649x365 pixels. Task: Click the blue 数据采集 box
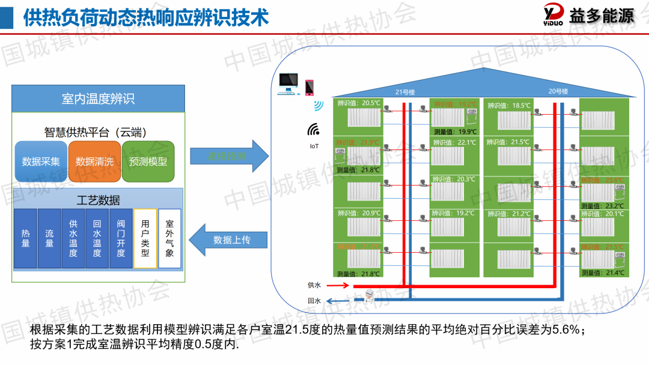(x=41, y=161)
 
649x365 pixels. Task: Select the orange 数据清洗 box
(x=94, y=161)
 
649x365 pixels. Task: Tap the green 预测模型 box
(x=148, y=161)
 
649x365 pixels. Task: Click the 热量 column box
(x=25, y=238)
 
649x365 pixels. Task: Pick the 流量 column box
(x=49, y=238)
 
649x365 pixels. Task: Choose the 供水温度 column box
(x=73, y=238)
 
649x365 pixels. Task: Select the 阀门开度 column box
(x=121, y=238)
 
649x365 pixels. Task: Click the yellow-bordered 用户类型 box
(x=145, y=238)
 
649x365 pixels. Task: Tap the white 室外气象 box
(x=169, y=238)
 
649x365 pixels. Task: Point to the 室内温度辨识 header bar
(x=98, y=98)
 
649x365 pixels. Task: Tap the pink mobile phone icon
(x=309, y=88)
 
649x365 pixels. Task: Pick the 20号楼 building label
(x=558, y=91)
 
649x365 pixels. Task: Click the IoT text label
(x=314, y=146)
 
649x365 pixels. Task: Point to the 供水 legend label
(x=314, y=285)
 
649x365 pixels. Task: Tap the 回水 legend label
(x=314, y=301)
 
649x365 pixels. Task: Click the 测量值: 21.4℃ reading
(x=602, y=273)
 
